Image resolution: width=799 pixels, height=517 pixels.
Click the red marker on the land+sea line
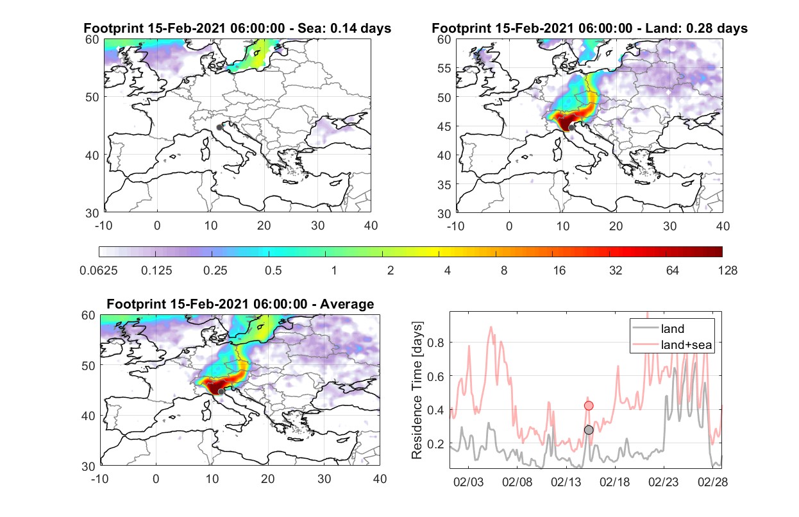589,405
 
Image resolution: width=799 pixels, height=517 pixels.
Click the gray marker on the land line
589,430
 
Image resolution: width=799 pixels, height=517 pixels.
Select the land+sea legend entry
672,344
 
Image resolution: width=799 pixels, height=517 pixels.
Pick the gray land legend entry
658,328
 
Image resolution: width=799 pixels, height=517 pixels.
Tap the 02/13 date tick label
566,482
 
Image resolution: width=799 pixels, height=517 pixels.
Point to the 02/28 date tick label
712,482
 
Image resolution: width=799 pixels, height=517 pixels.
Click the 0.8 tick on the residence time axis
435,343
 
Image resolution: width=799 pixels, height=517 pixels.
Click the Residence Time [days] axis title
417,391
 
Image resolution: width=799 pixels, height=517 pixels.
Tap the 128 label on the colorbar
728,271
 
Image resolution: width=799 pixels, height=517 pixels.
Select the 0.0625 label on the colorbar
99,271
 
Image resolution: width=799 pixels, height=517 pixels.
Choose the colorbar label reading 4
448,271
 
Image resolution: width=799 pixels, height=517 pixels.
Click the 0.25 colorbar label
215,271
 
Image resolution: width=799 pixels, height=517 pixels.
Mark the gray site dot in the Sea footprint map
219,128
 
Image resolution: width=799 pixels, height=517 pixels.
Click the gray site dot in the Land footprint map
571,128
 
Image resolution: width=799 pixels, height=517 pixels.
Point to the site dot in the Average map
221,392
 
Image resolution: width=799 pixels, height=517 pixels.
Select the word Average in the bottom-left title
347,304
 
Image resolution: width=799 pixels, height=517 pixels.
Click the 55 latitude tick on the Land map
444,68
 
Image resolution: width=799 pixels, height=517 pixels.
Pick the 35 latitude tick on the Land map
444,185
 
